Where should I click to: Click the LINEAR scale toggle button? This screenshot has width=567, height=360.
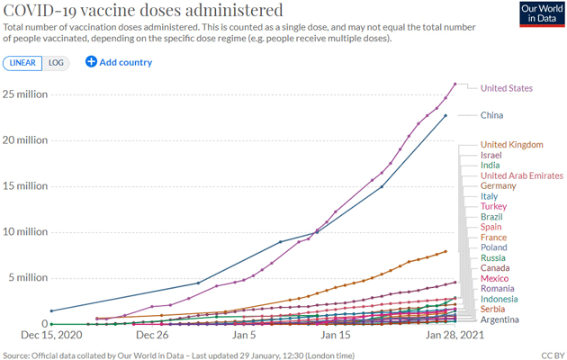click(23, 62)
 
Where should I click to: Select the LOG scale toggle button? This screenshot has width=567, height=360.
click(56, 62)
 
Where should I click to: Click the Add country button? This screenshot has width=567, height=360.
click(119, 62)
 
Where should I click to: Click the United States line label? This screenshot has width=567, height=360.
click(507, 88)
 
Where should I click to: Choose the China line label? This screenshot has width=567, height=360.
click(491, 115)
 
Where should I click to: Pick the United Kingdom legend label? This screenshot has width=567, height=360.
click(511, 145)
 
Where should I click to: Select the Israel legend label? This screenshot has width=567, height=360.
click(491, 155)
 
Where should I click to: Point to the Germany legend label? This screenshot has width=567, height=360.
click(498, 186)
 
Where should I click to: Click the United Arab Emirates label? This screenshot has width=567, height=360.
click(522, 175)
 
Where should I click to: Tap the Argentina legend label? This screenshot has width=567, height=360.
click(499, 319)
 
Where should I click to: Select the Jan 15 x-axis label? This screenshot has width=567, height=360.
click(335, 335)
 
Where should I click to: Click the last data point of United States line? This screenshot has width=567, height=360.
click(455, 85)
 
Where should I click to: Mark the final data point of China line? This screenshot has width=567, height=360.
click(445, 115)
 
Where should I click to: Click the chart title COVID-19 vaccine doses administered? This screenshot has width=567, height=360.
click(143, 11)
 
